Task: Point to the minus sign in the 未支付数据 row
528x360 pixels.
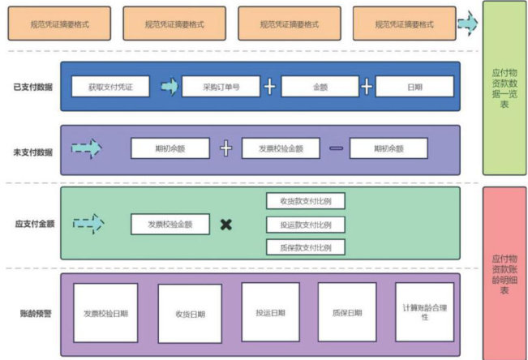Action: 336,148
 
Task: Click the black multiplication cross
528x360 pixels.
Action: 226,225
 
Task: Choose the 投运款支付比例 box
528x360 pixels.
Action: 305,225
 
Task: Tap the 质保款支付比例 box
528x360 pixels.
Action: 305,247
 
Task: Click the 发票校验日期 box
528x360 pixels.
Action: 104,313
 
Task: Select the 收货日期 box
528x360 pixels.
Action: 189,313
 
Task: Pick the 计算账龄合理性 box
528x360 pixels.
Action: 424,312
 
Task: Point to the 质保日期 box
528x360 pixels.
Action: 346,312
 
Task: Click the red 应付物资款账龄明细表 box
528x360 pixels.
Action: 504,268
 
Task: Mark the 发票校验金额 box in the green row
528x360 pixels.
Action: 170,224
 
